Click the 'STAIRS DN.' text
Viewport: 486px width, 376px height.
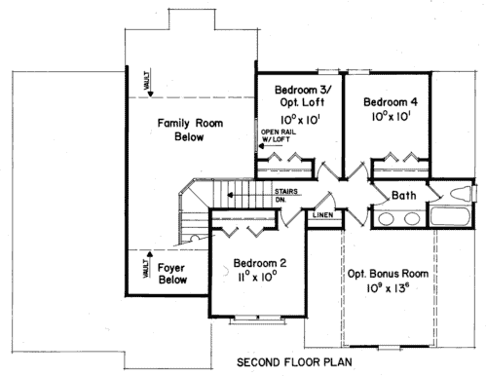coord(286,196)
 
